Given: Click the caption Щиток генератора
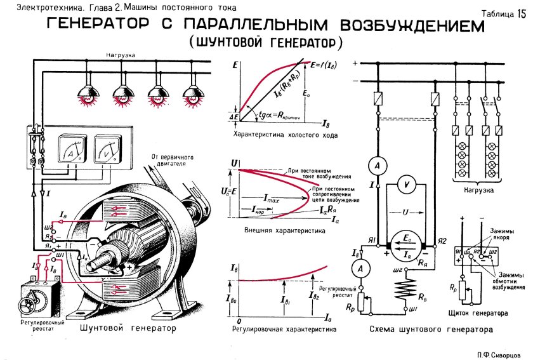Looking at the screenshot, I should (486, 314).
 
